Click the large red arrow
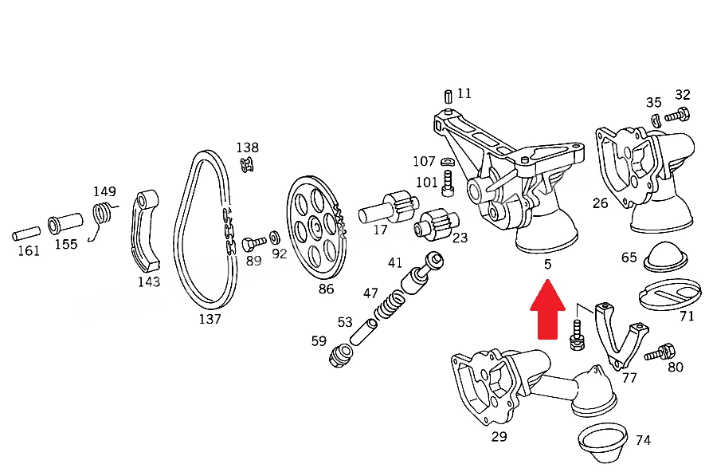(x=547, y=309)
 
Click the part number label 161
(x=29, y=250)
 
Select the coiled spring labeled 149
(x=103, y=218)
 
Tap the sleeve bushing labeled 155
(x=65, y=223)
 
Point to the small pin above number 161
(x=26, y=234)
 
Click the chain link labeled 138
(x=247, y=164)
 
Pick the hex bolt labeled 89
(x=253, y=244)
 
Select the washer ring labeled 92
(x=275, y=237)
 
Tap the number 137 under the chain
(x=210, y=319)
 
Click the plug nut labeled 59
(x=340, y=356)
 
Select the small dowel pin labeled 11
(x=448, y=96)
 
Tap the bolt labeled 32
(x=677, y=115)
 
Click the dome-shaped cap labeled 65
(x=665, y=257)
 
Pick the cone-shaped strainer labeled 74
(x=602, y=443)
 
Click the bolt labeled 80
(x=660, y=353)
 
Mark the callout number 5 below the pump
(x=547, y=264)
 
